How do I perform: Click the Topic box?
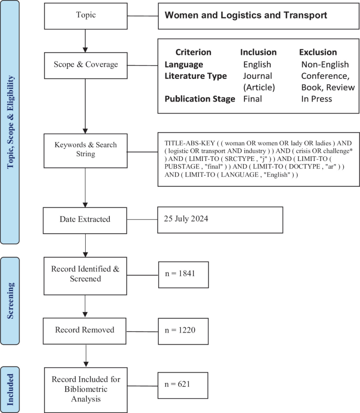(x=86, y=16)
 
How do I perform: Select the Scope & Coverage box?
(x=86, y=65)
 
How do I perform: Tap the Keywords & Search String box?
(x=86, y=150)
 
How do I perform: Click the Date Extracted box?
(x=85, y=220)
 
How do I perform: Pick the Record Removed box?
(x=85, y=331)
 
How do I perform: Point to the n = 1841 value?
(x=180, y=274)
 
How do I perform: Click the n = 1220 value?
(x=180, y=330)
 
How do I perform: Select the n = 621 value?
(x=177, y=384)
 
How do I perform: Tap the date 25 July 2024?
(x=186, y=219)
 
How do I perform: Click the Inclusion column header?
(x=259, y=52)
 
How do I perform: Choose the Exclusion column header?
(x=318, y=52)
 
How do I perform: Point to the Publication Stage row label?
(x=200, y=99)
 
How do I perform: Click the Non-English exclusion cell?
(x=325, y=64)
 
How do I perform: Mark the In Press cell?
(x=316, y=99)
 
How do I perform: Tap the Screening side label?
(x=11, y=301)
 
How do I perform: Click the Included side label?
(x=10, y=389)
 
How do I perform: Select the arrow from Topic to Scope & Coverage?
(x=85, y=41)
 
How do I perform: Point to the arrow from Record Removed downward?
(x=86, y=356)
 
